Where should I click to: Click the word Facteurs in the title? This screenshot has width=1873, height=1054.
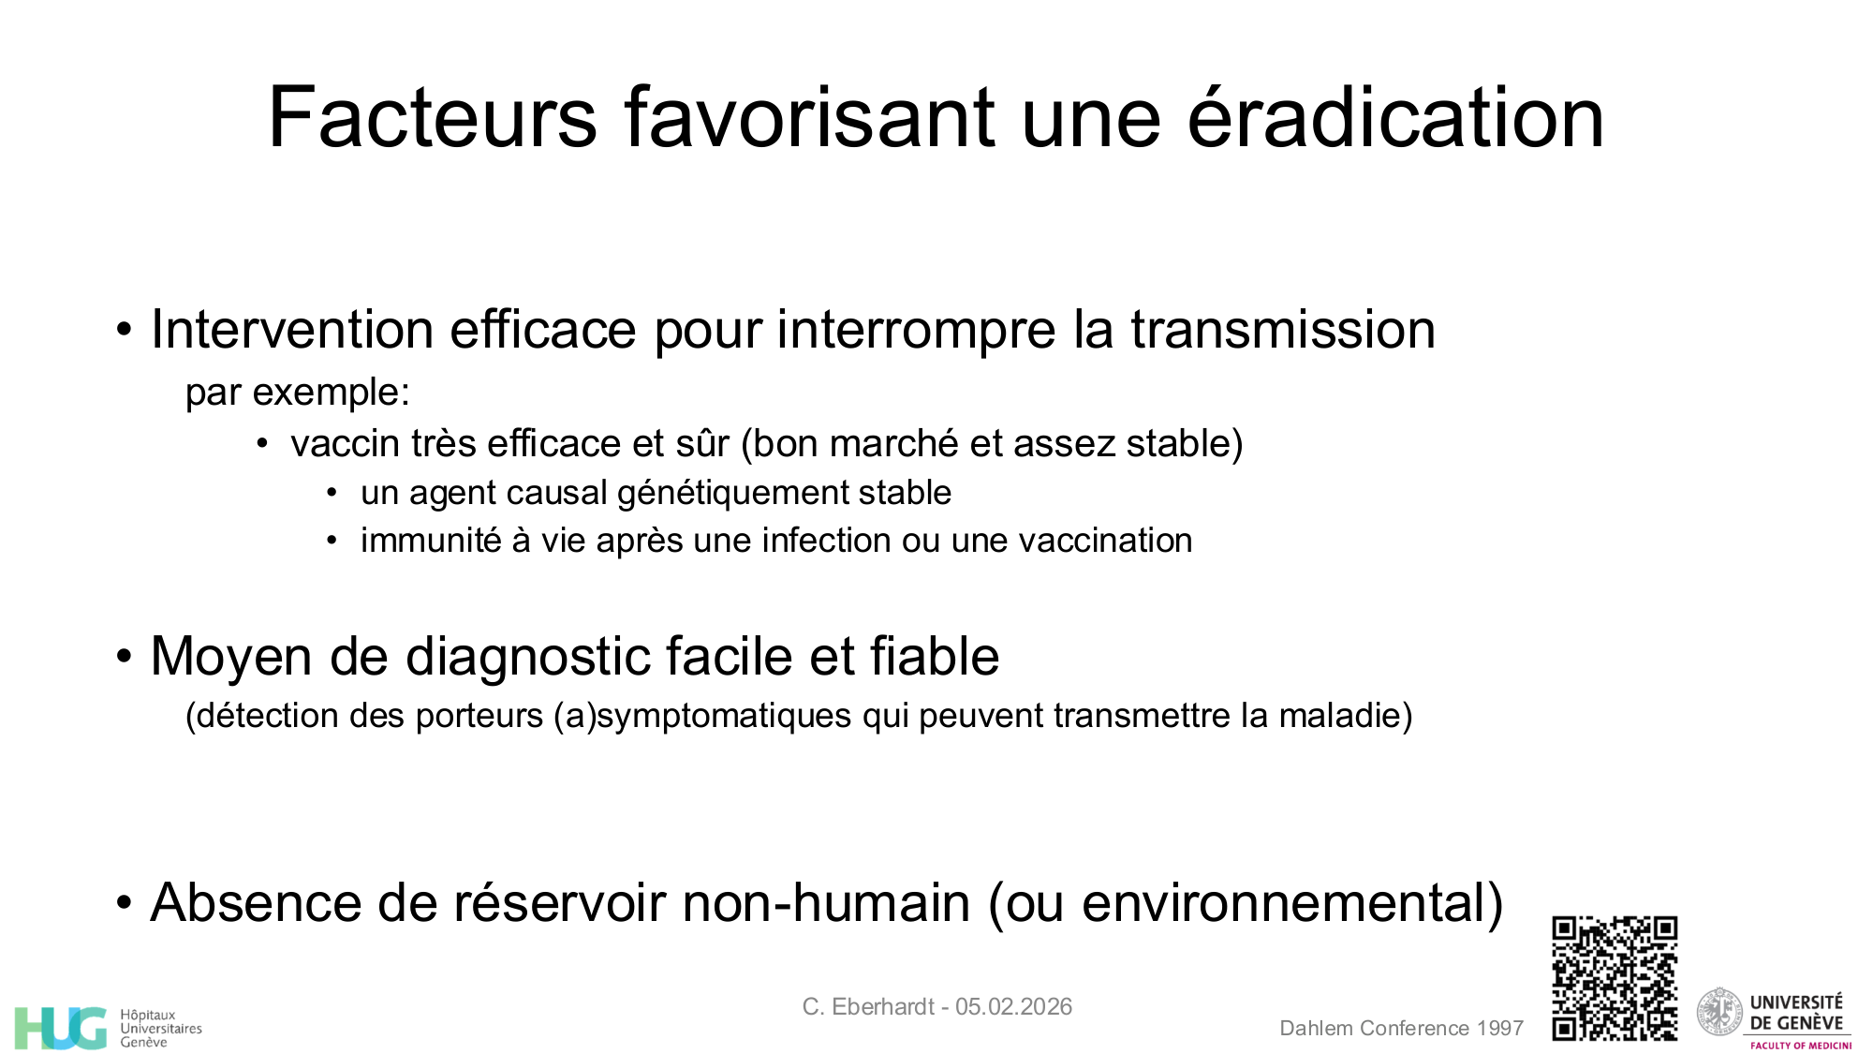(432, 118)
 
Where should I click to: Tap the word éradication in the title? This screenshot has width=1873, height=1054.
(1395, 118)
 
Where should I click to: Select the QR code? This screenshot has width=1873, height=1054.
(1615, 977)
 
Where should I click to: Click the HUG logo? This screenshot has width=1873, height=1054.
(60, 1028)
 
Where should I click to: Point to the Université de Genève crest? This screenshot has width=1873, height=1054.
(1719, 1012)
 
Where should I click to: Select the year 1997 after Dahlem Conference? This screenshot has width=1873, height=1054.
(1500, 1029)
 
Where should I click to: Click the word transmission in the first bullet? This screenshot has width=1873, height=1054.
(1282, 330)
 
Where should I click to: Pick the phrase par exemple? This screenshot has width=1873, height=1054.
(298, 393)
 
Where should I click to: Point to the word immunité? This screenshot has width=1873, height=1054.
(431, 541)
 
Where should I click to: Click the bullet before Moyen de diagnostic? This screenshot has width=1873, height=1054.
(125, 657)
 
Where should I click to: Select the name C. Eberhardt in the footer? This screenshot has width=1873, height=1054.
(867, 1007)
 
